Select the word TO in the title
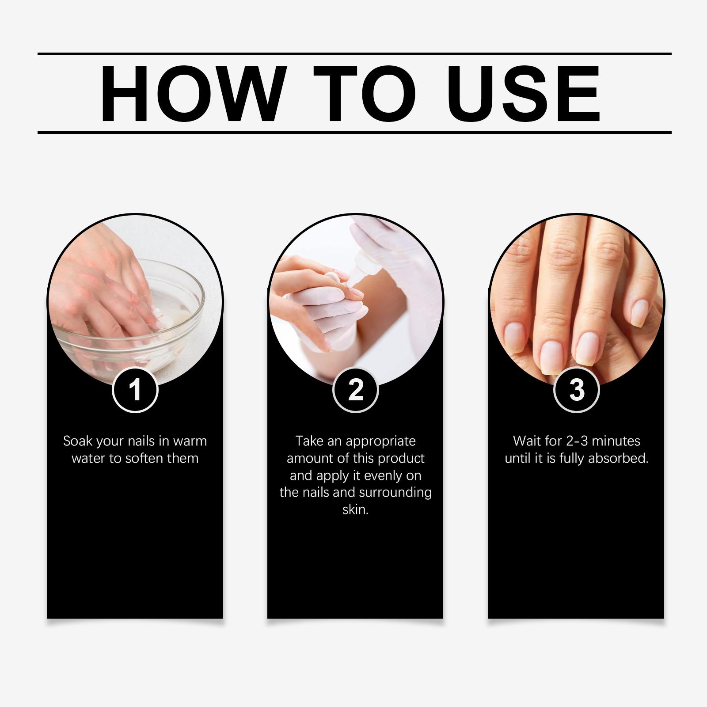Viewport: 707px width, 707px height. (x=365, y=94)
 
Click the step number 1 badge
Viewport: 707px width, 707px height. (x=135, y=390)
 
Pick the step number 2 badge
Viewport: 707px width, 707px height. (x=355, y=390)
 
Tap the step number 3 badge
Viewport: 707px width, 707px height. (x=576, y=390)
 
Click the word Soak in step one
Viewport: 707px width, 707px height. (x=78, y=441)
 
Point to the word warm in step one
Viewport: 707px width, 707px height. (x=190, y=441)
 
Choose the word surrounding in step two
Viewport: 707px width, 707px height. (x=395, y=493)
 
